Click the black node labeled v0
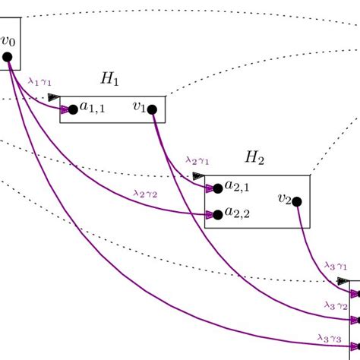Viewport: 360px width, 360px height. coord(7,57)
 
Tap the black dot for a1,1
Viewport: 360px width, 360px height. coord(73,109)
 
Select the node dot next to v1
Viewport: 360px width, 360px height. coord(152,109)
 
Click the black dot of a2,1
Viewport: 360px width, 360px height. coord(218,188)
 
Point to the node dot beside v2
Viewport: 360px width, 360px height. coord(297,201)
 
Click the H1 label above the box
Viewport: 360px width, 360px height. coord(110,79)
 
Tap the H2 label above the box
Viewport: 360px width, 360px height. coord(254,158)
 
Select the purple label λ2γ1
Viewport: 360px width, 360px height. coord(197,160)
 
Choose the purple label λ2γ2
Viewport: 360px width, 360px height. coord(144,193)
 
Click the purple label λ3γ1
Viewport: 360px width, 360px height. coord(335,265)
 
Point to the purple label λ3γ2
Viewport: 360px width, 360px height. coord(335,305)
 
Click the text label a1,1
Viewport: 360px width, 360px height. coord(93,109)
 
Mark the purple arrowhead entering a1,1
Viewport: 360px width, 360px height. coord(63,109)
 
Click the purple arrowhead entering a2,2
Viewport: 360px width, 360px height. coord(208,215)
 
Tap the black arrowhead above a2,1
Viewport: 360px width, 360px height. coord(198,176)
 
